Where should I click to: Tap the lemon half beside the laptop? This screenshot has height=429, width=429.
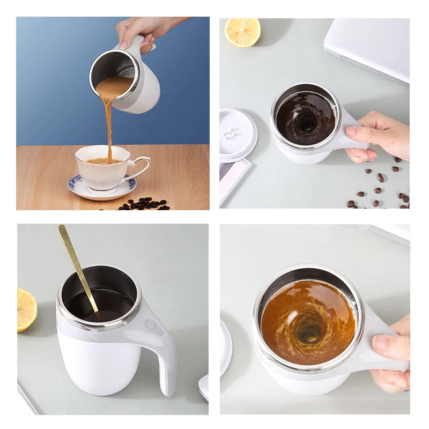click(x=242, y=32)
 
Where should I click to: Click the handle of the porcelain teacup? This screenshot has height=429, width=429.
click(x=141, y=167)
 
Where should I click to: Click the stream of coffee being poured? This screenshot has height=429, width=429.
click(x=108, y=118)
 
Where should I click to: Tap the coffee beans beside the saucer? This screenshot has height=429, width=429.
click(x=143, y=204)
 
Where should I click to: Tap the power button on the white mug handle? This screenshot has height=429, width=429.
click(x=154, y=326)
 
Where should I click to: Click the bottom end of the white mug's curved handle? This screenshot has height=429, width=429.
click(x=168, y=389)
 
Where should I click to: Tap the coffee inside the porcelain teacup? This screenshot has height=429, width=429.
click(x=102, y=161)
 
